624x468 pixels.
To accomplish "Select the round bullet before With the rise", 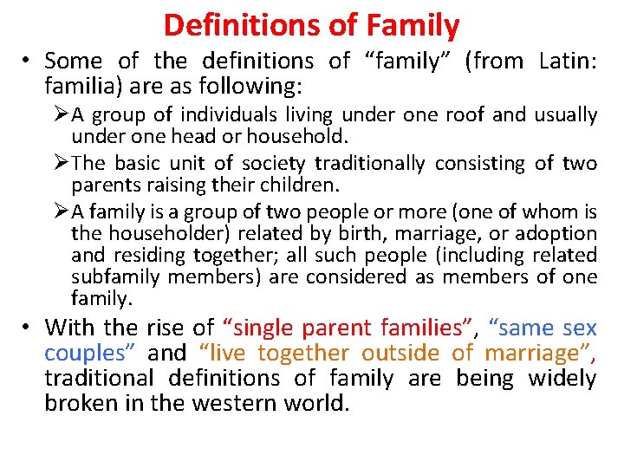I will [29, 328].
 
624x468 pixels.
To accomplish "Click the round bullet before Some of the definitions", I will [29, 61].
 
